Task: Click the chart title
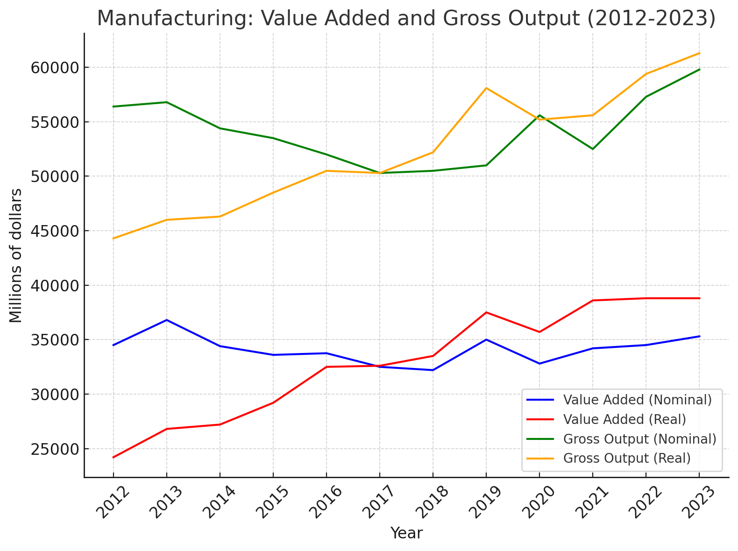(x=406, y=19)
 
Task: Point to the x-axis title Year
(x=406, y=533)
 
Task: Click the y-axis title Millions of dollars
(x=16, y=255)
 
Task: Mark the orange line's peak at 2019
(x=486, y=88)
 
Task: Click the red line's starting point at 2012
(x=114, y=457)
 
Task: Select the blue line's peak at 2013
(x=167, y=320)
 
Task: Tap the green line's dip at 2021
(x=593, y=149)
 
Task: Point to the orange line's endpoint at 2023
(x=699, y=53)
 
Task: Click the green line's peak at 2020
(x=539, y=115)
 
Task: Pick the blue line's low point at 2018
(x=433, y=370)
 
